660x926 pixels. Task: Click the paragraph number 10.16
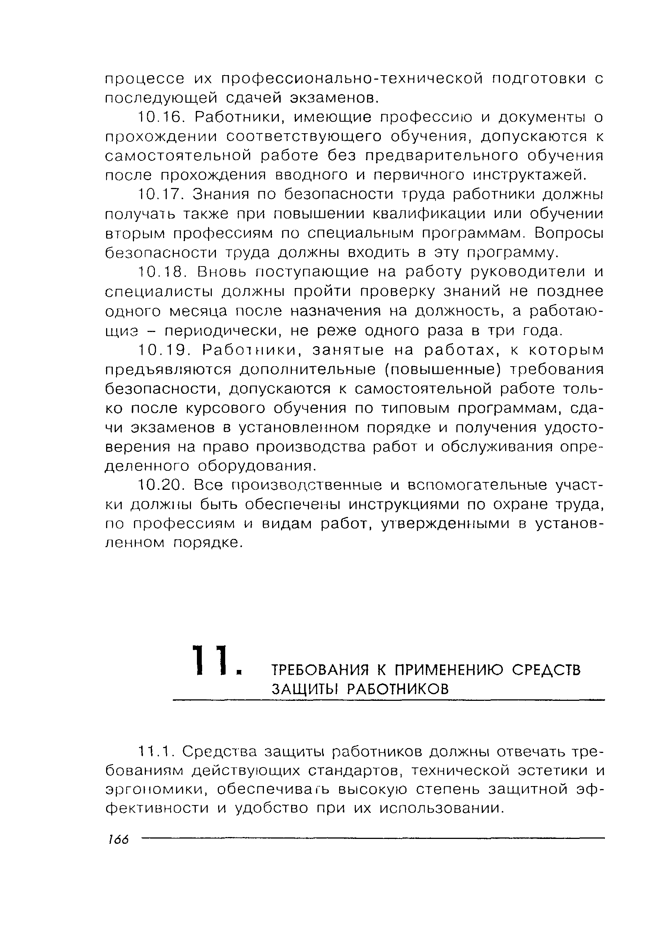161,118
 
